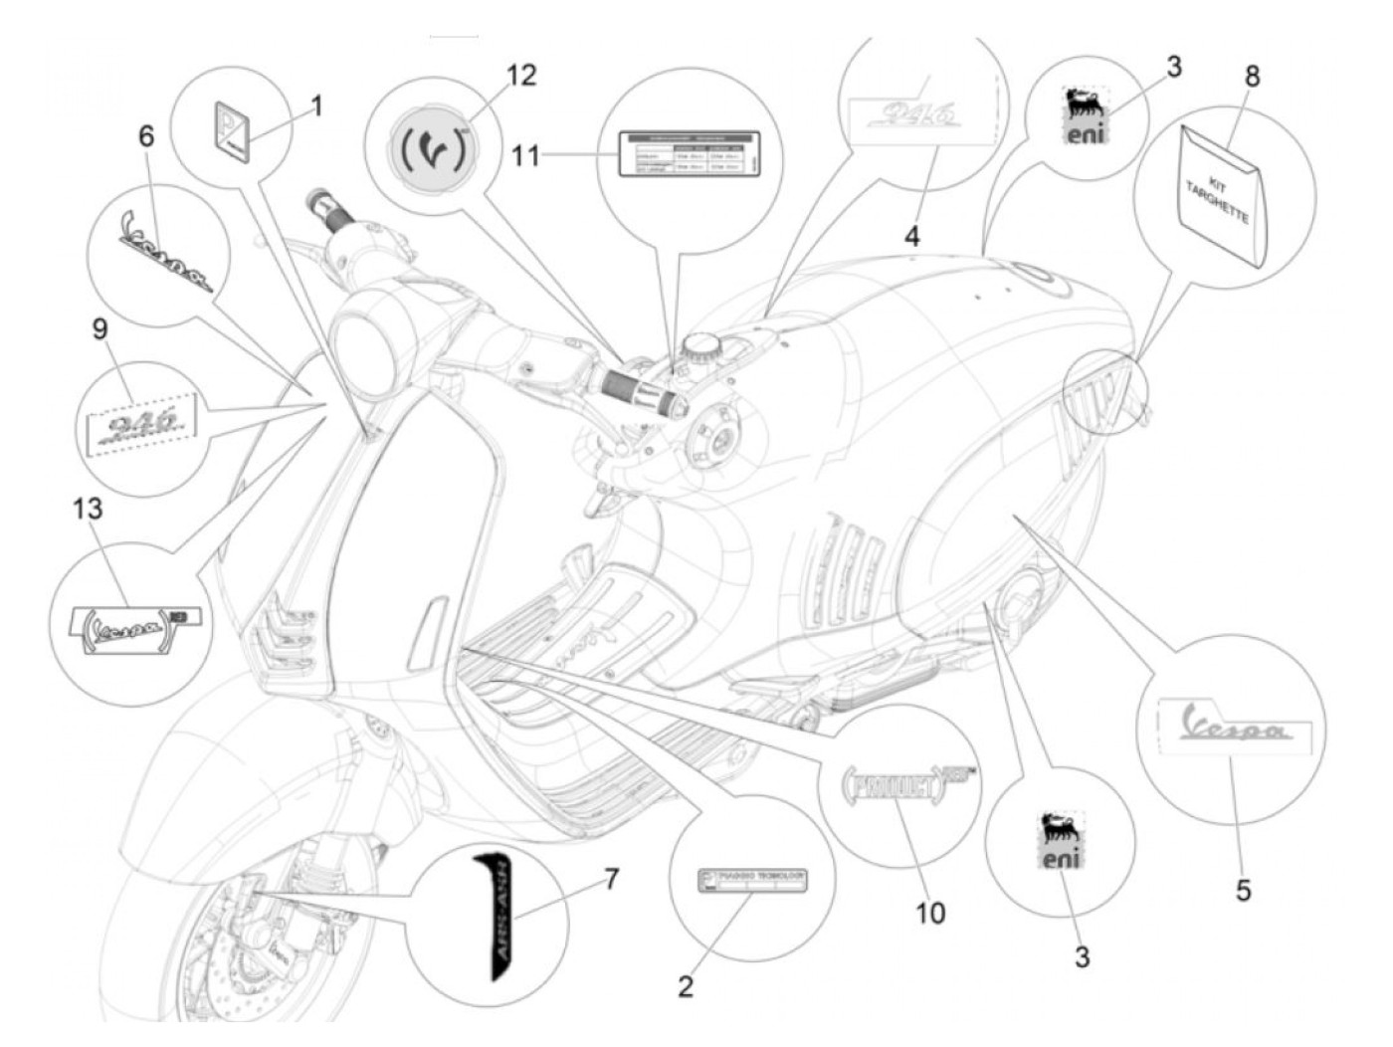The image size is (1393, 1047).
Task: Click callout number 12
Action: [x=520, y=76]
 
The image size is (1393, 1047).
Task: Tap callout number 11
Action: [x=527, y=155]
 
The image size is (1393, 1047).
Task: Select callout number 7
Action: [x=611, y=879]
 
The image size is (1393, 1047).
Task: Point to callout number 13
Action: [x=88, y=510]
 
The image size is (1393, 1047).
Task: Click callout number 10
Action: [x=930, y=912]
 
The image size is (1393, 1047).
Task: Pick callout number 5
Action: [x=1244, y=889]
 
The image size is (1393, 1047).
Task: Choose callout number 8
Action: [x=1252, y=77]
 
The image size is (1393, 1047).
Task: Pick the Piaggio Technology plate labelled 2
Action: [x=752, y=881]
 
